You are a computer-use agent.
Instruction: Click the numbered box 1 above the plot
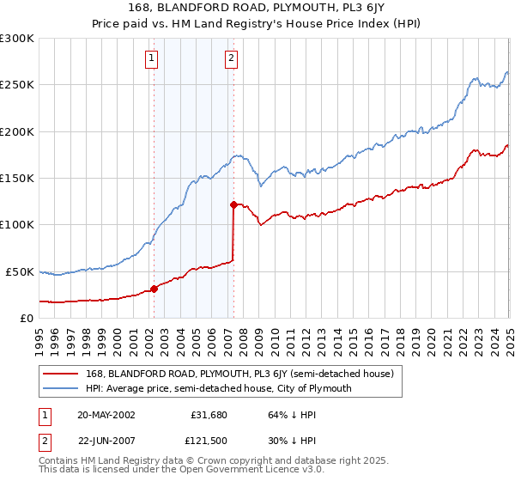click(x=151, y=59)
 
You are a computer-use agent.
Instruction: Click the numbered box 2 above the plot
click(x=232, y=59)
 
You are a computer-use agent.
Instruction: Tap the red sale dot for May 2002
click(x=154, y=289)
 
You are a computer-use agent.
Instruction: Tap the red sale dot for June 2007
click(x=233, y=204)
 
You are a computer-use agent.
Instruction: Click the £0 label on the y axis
click(x=26, y=318)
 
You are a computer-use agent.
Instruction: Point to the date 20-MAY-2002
click(x=106, y=415)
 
